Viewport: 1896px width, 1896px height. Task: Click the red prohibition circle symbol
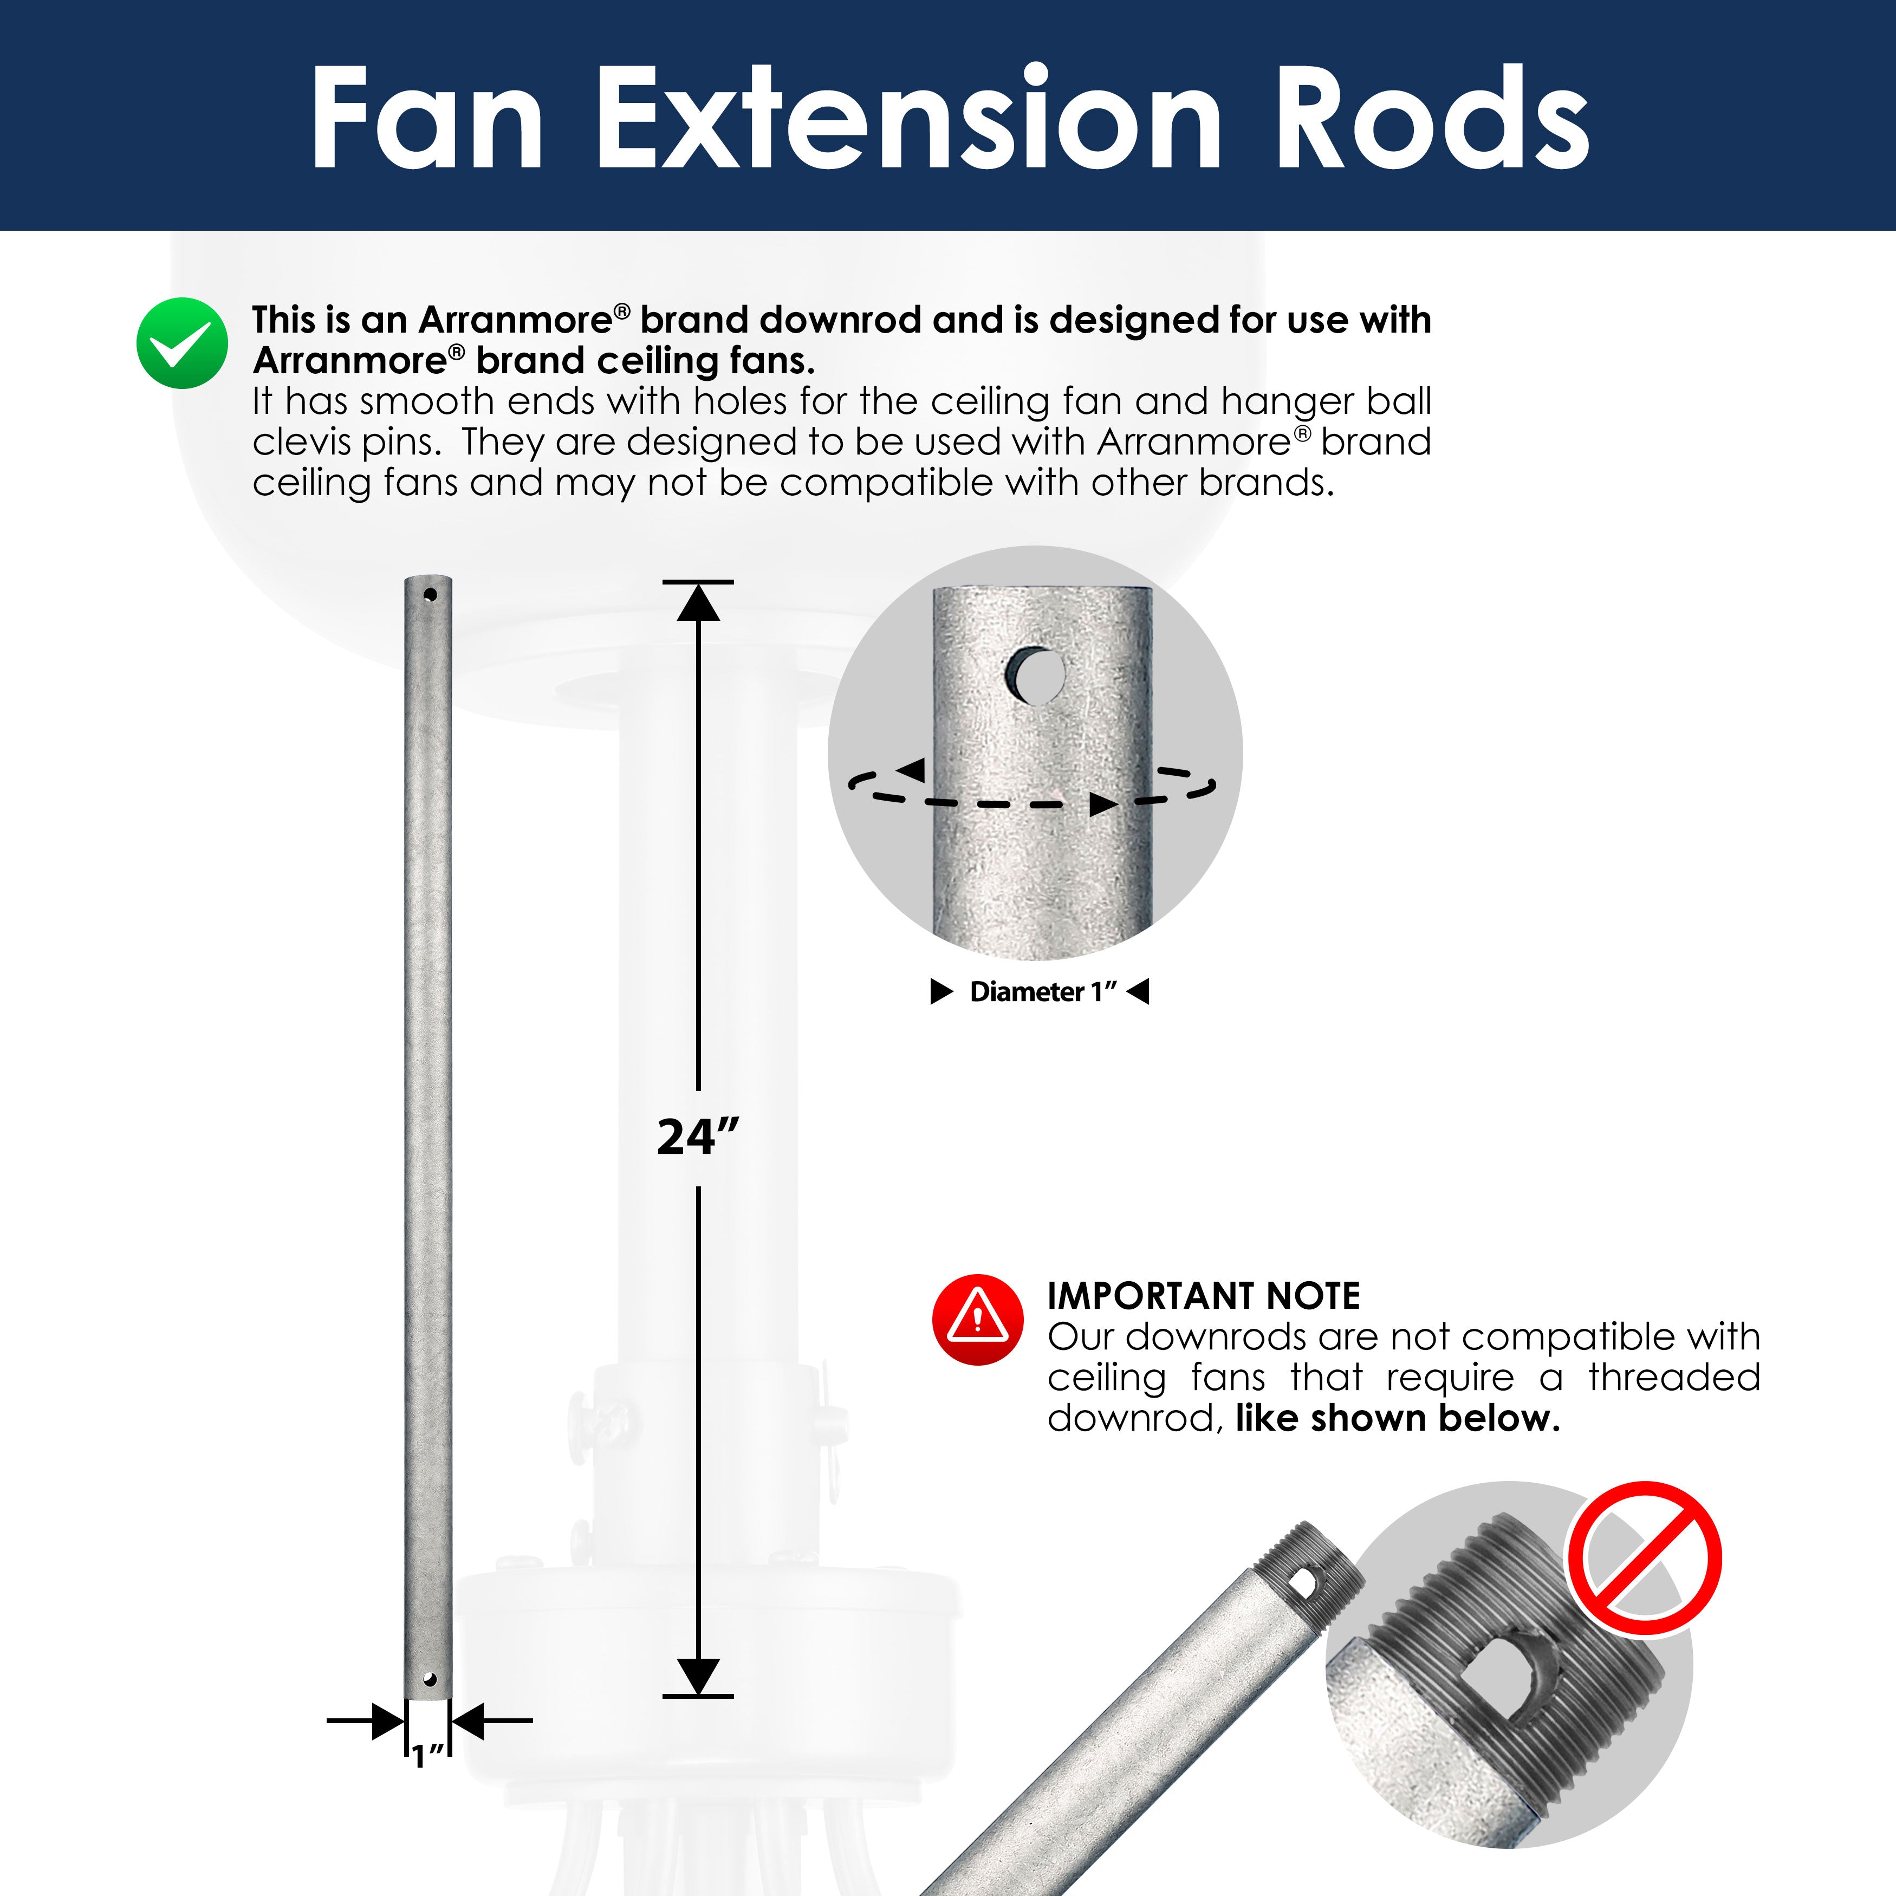coord(1644,1559)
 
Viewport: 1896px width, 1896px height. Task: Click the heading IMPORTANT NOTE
coord(1203,1296)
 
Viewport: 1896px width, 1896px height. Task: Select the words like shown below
coord(1398,1418)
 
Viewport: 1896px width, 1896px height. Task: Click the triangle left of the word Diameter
coord(941,992)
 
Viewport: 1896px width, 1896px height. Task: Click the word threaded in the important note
coord(1674,1377)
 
